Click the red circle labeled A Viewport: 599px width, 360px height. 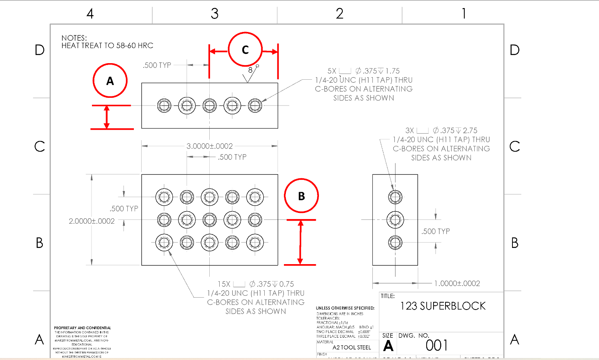point(110,80)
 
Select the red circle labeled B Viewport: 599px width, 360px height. point(301,196)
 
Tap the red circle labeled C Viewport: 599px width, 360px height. point(245,50)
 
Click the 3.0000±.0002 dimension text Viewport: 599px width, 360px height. point(210,146)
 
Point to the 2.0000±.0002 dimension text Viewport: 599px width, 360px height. point(92,221)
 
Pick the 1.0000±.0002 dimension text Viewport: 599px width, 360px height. point(457,283)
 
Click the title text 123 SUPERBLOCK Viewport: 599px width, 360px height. point(443,306)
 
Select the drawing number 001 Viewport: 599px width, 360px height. point(437,345)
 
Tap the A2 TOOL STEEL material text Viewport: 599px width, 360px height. point(352,347)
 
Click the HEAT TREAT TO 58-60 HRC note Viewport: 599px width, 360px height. point(107,45)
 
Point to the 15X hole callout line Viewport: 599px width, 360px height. point(256,284)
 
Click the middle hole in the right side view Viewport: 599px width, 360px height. point(395,220)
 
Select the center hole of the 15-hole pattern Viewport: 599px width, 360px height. point(210,220)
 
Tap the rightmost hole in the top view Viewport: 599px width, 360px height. point(255,105)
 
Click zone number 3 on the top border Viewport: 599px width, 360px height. point(215,14)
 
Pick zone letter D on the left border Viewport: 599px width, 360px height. point(40,50)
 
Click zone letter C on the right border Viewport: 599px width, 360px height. point(515,146)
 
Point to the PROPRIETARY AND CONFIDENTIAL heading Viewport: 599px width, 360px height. point(82,328)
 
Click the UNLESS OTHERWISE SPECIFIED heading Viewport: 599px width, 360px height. point(345,308)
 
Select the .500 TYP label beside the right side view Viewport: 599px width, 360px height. point(435,231)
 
